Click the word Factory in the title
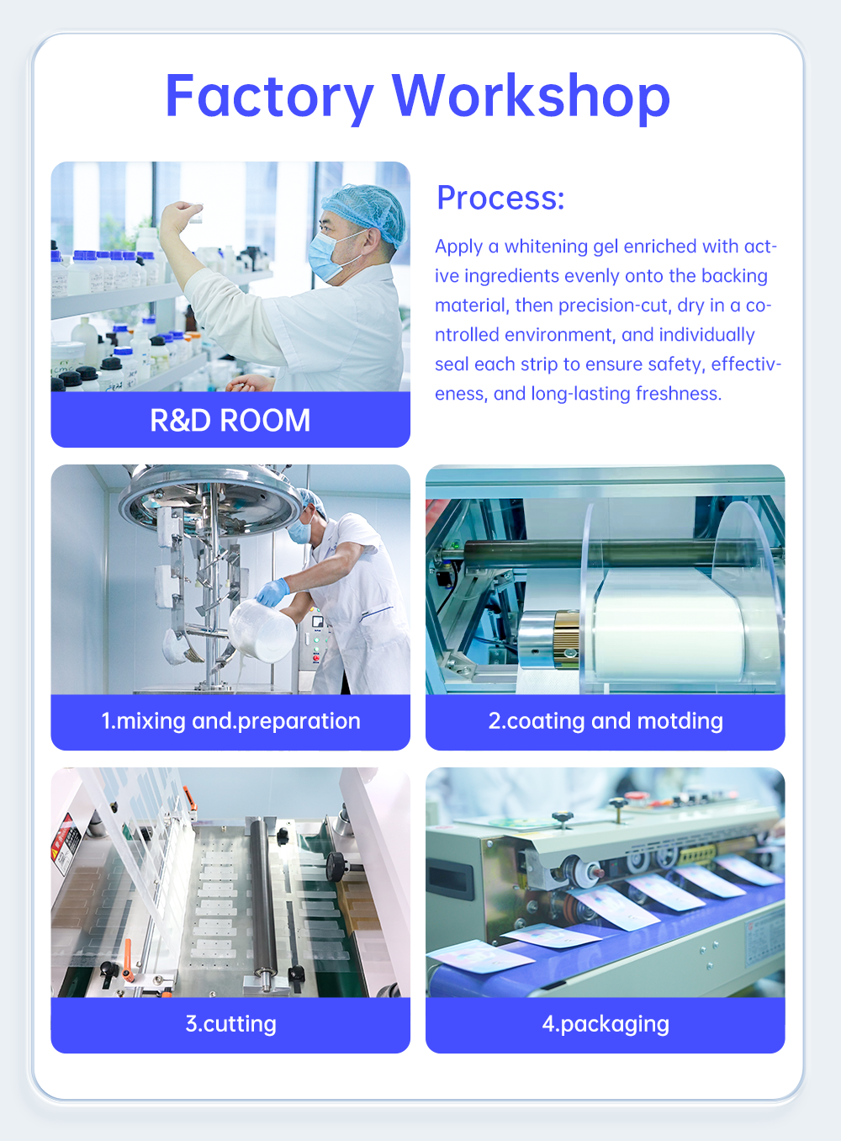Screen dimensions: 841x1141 270,97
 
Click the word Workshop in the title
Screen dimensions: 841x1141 531,96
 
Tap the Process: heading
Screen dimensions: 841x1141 501,198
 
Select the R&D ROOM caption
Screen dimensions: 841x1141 230,420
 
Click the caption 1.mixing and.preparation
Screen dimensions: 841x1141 230,721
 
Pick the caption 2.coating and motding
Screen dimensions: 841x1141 606,721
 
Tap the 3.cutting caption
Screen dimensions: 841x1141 230,1024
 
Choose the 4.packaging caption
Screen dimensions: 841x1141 606,1024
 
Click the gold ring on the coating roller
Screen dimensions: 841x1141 566,640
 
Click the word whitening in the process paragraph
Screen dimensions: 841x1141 547,247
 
